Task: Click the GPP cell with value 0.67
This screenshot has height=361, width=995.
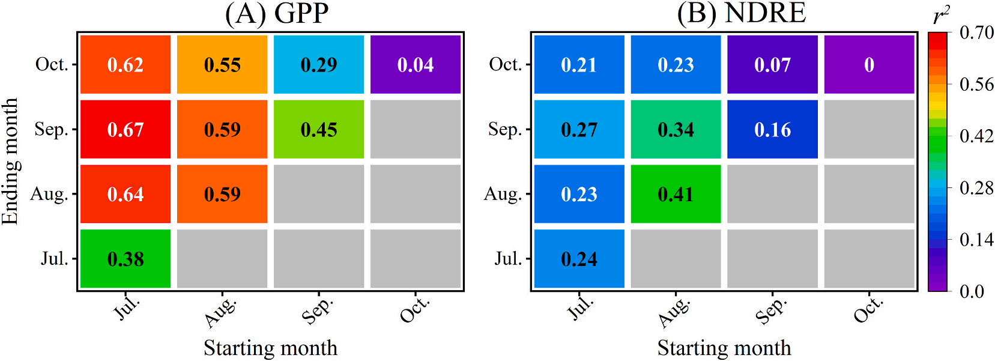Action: coord(126,129)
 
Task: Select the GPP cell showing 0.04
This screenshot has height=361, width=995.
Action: coord(416,64)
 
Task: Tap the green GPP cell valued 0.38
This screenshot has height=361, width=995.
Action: coord(126,259)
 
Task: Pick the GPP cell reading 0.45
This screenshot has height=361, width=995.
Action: coord(319,129)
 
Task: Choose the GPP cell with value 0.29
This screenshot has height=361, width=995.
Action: coord(319,64)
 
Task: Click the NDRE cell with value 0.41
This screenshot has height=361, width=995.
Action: coord(676,194)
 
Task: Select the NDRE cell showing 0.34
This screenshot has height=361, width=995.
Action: coord(676,129)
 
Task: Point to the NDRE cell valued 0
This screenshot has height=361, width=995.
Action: coord(869,64)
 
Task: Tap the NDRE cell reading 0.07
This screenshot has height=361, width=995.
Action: coord(772,64)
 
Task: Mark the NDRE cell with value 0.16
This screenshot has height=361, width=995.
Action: coord(772,129)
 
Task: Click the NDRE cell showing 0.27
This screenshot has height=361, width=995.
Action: coord(579,129)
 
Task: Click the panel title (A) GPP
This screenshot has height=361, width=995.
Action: coord(277,13)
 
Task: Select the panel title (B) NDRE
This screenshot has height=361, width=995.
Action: coord(742,13)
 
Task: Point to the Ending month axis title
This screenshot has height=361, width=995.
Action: coord(10,162)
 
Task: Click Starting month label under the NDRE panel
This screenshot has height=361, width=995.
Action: coord(724,348)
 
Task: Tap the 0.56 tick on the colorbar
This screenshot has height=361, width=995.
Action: coord(976,84)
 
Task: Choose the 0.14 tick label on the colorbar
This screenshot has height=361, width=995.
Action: coord(976,240)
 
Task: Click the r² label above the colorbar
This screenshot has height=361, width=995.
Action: coord(941,16)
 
